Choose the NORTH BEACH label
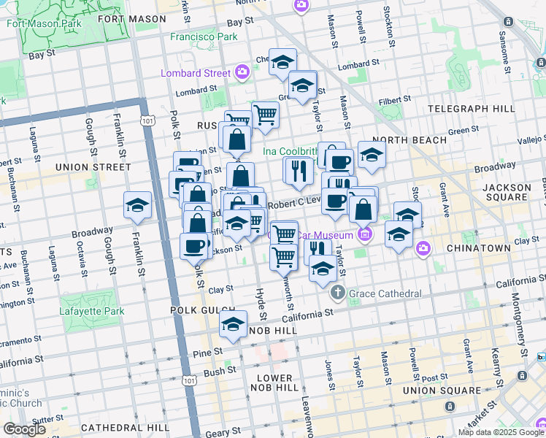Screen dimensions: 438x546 (412, 139)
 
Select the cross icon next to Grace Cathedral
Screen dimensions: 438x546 (337, 293)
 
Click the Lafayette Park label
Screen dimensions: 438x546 (93, 311)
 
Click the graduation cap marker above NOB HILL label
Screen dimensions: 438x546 (233, 324)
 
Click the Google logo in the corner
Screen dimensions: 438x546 (25, 429)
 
